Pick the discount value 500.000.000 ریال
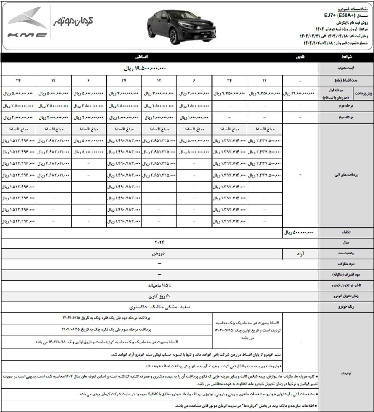click(x=298, y=233)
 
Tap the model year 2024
click(x=159, y=242)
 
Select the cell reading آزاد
click(x=300, y=254)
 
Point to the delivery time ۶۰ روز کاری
click(x=160, y=296)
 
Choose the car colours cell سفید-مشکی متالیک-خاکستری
click(x=160, y=307)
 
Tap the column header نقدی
click(x=300, y=57)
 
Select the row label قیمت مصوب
click(x=346, y=68)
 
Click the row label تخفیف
click(x=346, y=233)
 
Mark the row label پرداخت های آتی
click(x=346, y=175)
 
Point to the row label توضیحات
click(x=346, y=373)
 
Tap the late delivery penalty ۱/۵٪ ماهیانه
click(x=160, y=285)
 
